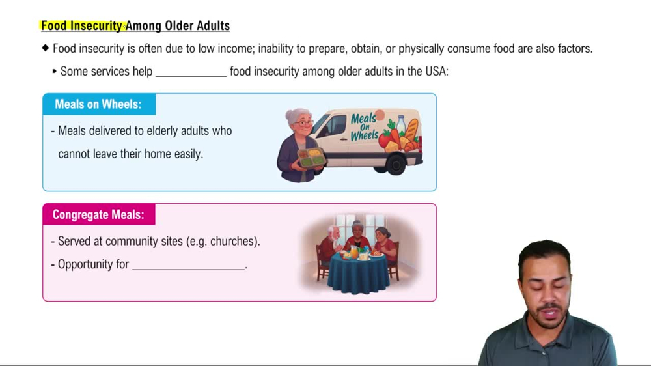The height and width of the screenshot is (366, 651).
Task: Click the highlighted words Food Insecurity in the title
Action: click(82, 26)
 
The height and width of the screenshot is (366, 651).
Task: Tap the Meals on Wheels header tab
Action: click(98, 104)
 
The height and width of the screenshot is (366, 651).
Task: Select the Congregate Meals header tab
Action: click(98, 214)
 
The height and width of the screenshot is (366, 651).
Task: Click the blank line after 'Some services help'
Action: click(191, 72)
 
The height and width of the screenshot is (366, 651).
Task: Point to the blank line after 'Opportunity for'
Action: click(189, 265)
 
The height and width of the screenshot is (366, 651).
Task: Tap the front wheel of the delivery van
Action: click(395, 163)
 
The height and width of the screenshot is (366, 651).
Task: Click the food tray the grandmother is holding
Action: click(311, 157)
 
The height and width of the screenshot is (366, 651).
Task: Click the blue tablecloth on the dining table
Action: click(358, 274)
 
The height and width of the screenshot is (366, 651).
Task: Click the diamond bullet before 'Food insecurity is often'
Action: click(45, 48)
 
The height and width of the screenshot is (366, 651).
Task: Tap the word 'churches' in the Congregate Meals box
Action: click(234, 242)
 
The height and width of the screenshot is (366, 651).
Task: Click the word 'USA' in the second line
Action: click(436, 72)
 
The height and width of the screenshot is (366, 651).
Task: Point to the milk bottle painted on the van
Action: click(401, 125)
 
